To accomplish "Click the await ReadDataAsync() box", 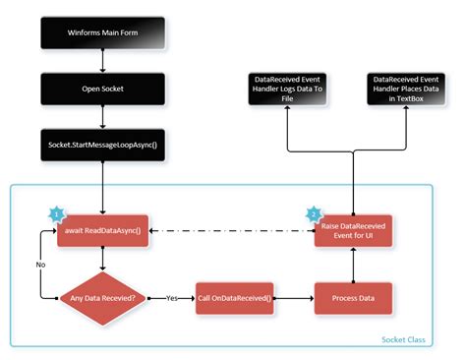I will point(102,231).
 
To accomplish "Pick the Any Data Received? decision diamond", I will point(102,296).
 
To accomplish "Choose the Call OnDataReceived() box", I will point(234,296).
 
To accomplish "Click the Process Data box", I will point(352,296).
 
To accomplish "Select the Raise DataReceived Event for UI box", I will point(352,231).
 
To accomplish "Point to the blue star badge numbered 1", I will point(56,212).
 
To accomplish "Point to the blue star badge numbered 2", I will point(314,212).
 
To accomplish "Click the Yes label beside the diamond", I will point(171,296).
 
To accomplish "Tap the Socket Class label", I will point(404,339).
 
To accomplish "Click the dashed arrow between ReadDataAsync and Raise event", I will point(226,231).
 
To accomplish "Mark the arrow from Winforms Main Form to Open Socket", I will point(102,62).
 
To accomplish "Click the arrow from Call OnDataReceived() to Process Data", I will point(292,296).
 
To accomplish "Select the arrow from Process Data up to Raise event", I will point(352,264).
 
